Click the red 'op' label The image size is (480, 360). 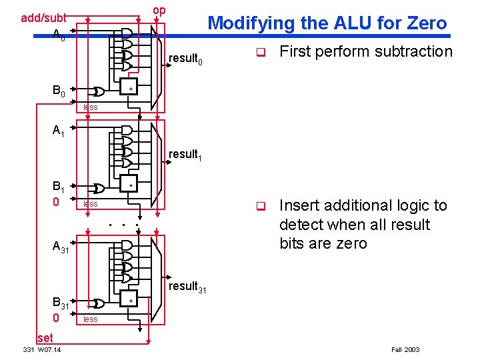pyautogui.click(x=159, y=11)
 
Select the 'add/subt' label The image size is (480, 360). pyautogui.click(x=43, y=18)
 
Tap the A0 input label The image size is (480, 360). pyautogui.click(x=59, y=35)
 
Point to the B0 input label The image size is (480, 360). pyautogui.click(x=59, y=91)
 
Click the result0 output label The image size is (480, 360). pyautogui.click(x=185, y=59)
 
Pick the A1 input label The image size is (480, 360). pyautogui.click(x=59, y=131)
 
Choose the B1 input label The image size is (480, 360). pyautogui.click(x=59, y=187)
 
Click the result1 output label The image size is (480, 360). pyautogui.click(x=185, y=155)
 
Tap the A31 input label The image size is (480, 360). pyautogui.click(x=61, y=247)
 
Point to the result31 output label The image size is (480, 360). pyautogui.click(x=187, y=287)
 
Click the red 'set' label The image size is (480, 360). pyautogui.click(x=45, y=338)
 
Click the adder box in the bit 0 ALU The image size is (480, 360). pyautogui.click(x=129, y=86)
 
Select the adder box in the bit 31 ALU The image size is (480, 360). pyautogui.click(x=129, y=299)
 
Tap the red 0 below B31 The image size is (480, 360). pyautogui.click(x=56, y=318)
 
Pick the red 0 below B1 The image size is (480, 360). pyautogui.click(x=56, y=202)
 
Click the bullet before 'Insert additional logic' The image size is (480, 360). pyautogui.click(x=261, y=206)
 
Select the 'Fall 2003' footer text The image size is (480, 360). pyautogui.click(x=405, y=349)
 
